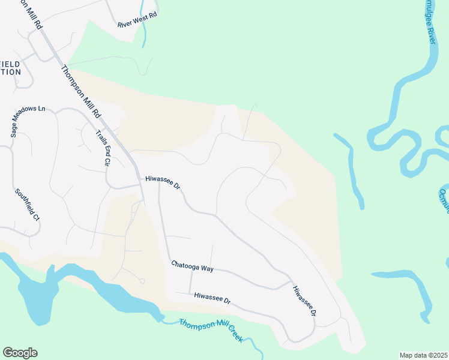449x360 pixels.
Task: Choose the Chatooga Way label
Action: coord(192,266)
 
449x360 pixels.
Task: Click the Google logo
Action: coord(20,353)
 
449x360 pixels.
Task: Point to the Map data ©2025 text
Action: coord(423,355)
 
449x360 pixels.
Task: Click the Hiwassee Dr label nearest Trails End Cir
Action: coord(163,182)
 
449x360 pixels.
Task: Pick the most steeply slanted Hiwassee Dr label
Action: coord(304,301)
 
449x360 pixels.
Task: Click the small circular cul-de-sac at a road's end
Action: coord(142,281)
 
